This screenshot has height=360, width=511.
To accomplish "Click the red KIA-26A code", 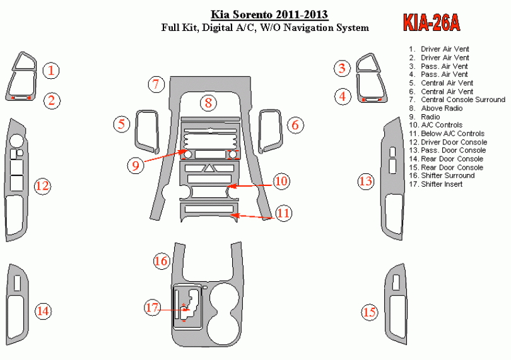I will [x=432, y=24].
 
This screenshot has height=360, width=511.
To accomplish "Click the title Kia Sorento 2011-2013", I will [x=264, y=15].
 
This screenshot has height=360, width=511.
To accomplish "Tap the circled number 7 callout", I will [x=157, y=84].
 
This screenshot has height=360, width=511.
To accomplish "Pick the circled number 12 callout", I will [x=42, y=186].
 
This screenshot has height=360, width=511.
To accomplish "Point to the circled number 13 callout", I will [x=365, y=182].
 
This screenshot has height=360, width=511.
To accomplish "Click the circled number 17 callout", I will [x=152, y=308].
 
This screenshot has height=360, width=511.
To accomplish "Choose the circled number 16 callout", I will [x=162, y=260].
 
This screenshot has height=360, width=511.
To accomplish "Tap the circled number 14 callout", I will [x=42, y=311].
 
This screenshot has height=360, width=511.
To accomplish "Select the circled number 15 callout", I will [x=369, y=311].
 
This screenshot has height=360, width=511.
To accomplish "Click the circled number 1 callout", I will [x=51, y=71].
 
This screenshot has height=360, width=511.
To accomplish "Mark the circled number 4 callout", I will [x=343, y=96].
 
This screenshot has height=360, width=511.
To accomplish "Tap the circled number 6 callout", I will [x=294, y=125].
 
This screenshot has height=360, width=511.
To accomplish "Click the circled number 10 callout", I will [x=281, y=182].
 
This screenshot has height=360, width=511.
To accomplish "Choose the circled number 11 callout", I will [x=284, y=213].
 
